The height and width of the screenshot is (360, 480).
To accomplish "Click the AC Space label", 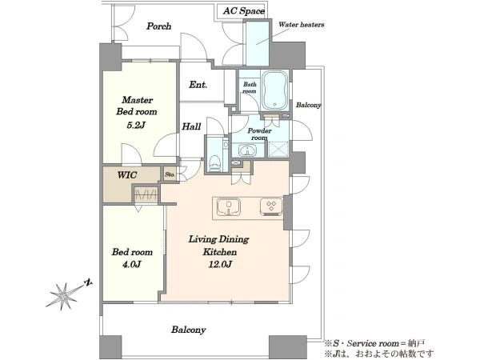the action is point(244,11).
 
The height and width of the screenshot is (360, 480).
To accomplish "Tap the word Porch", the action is point(158,26).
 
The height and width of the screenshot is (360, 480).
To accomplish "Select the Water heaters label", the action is point(302,25).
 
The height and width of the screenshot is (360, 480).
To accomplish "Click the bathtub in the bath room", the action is point(275,90).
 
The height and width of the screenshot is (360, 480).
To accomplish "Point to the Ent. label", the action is point(198,85).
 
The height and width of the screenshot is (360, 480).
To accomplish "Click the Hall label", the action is point(191,126).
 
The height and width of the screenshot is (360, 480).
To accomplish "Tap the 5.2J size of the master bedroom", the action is point(136,126).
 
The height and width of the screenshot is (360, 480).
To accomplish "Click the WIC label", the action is point(127,175).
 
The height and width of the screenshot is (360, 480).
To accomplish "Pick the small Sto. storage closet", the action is point(170,174).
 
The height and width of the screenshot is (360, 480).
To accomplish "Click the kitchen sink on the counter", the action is point(228,207).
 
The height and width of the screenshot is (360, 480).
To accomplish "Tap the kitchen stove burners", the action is point(271,206).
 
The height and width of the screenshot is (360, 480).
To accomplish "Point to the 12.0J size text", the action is point(220,264).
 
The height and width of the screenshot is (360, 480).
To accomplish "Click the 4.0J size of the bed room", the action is point(132,264).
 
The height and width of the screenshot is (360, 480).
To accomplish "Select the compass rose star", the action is point(64,295).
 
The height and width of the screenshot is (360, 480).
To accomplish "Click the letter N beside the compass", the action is point(89,283).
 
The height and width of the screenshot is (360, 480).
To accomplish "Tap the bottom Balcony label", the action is point(188,330).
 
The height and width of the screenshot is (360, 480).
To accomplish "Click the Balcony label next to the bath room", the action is point(308,105).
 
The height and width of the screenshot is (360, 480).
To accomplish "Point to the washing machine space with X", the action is point(278,150).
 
